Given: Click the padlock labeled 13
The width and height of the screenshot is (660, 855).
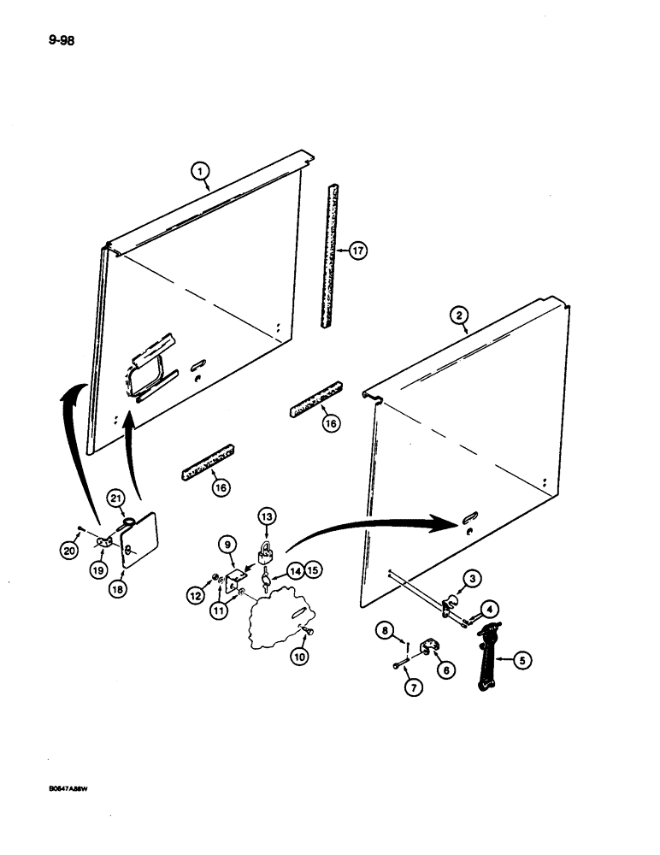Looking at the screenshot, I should pyautogui.click(x=267, y=549).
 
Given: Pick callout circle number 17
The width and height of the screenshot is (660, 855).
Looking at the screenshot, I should pyautogui.click(x=357, y=251).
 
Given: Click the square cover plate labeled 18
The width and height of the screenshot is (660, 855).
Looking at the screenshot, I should pyautogui.click(x=138, y=540).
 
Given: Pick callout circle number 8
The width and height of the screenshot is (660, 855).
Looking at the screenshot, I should pyautogui.click(x=386, y=631).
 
